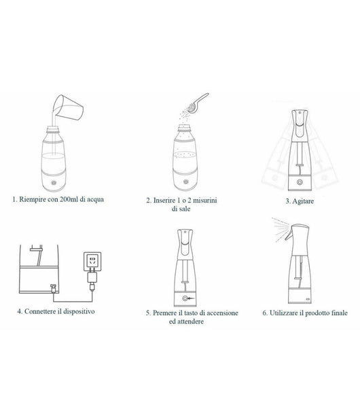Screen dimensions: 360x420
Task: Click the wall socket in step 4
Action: (x=92, y=261)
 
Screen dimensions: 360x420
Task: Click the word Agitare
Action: (x=303, y=201)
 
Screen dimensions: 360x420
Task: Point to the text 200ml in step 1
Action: (x=69, y=199)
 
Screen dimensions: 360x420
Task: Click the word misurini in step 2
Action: (x=205, y=200)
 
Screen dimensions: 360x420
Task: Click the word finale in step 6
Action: (x=340, y=313)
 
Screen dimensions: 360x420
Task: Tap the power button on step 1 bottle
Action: (x=54, y=183)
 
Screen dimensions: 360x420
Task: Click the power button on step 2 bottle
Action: (x=185, y=182)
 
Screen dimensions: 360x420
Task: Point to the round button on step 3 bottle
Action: (x=300, y=182)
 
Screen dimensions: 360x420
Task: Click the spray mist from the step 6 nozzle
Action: (x=280, y=229)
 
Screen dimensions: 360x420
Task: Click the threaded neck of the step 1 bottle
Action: (x=52, y=129)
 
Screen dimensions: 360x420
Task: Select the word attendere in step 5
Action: (x=186, y=321)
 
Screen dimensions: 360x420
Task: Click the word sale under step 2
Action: (x=185, y=209)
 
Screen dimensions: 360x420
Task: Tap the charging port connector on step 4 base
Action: (x=53, y=288)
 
